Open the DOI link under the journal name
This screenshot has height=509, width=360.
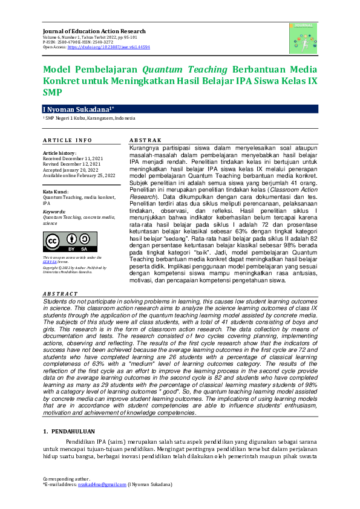[109, 47]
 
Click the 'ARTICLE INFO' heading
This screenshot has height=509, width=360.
[67, 140]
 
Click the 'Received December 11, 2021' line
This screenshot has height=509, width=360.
[73, 158]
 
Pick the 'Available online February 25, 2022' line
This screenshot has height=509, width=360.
[79, 175]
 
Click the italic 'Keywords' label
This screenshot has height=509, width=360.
[54, 212]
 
